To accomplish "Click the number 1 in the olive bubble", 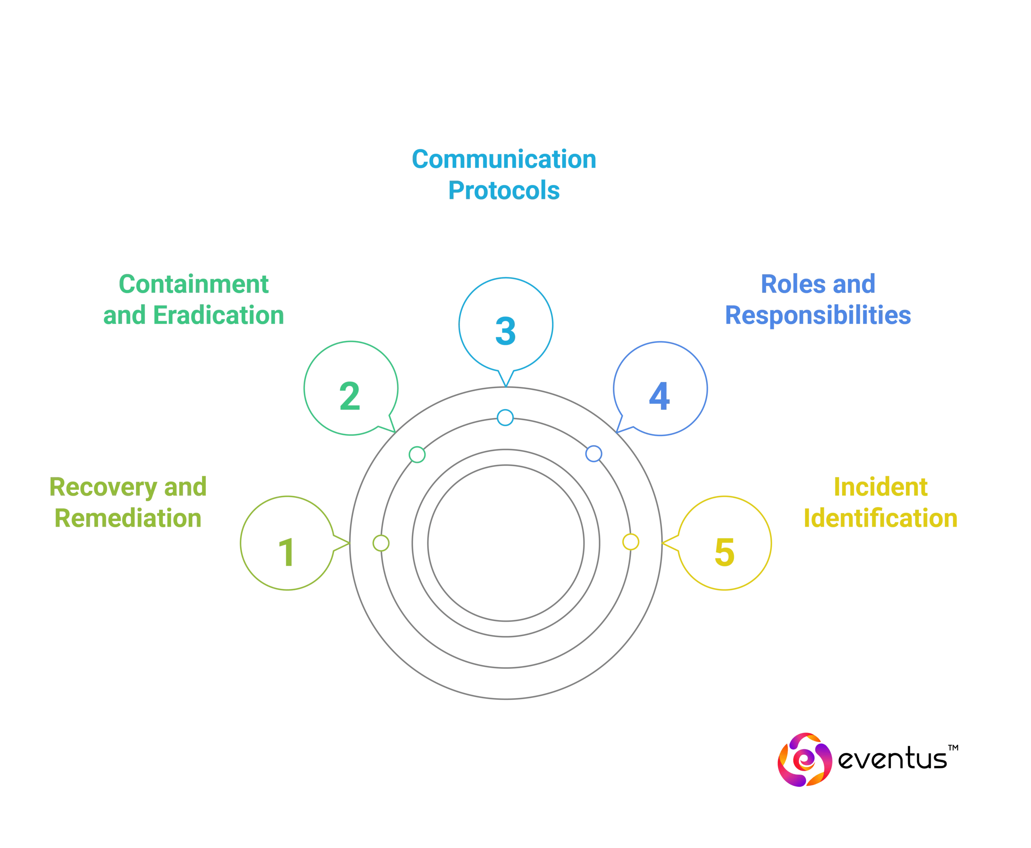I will (x=287, y=552).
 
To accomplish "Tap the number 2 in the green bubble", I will (x=350, y=396).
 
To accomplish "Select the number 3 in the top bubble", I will (x=505, y=331).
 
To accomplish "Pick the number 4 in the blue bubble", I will (x=659, y=396).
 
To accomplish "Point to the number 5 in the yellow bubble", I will (x=724, y=552).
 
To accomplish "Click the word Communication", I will (x=504, y=160).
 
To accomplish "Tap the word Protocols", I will (x=504, y=190).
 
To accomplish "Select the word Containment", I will (x=193, y=284).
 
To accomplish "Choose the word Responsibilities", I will (x=818, y=316).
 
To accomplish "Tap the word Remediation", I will (x=128, y=518).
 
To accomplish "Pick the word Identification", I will (x=880, y=518).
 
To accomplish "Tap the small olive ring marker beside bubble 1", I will (x=381, y=543).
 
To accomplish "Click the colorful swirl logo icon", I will (x=804, y=759).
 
